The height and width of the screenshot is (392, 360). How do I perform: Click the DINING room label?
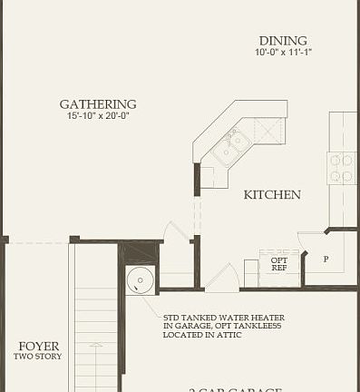(x=282, y=41)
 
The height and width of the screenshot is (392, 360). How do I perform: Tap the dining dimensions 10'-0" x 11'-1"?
(x=282, y=53)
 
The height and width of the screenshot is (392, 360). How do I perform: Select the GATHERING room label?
(x=98, y=104)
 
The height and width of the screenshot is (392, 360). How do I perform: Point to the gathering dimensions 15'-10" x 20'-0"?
(x=98, y=116)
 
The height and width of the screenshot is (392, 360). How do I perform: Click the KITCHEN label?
(x=272, y=195)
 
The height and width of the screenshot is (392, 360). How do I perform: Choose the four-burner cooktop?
(x=341, y=168)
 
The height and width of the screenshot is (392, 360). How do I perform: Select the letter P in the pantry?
(x=325, y=259)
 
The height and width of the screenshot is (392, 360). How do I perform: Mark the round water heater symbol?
(x=140, y=279)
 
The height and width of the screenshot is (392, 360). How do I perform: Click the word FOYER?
(x=39, y=347)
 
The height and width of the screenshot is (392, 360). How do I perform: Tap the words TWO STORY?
(x=38, y=357)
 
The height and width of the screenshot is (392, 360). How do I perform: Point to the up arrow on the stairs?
(x=95, y=349)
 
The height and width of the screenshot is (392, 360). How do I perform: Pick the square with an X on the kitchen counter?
(x=268, y=128)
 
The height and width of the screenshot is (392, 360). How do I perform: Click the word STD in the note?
(x=171, y=317)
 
